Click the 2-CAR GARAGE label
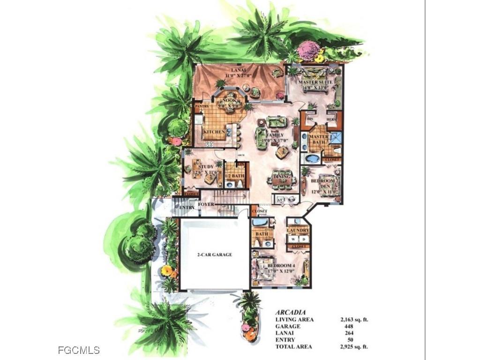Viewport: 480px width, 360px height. click(x=214, y=255)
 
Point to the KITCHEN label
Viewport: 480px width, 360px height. click(x=214, y=132)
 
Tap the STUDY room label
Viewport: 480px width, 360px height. click(x=206, y=166)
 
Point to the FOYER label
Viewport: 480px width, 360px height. click(x=206, y=204)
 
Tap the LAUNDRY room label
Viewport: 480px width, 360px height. click(x=298, y=231)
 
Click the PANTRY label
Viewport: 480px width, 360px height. click(x=201, y=107)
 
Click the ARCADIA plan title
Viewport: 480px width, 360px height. click(x=291, y=312)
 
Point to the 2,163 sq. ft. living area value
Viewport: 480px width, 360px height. click(x=354, y=319)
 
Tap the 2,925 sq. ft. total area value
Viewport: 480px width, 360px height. click(x=354, y=347)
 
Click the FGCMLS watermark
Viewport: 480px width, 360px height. click(x=79, y=350)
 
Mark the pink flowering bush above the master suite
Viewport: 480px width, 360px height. click(x=308, y=50)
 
